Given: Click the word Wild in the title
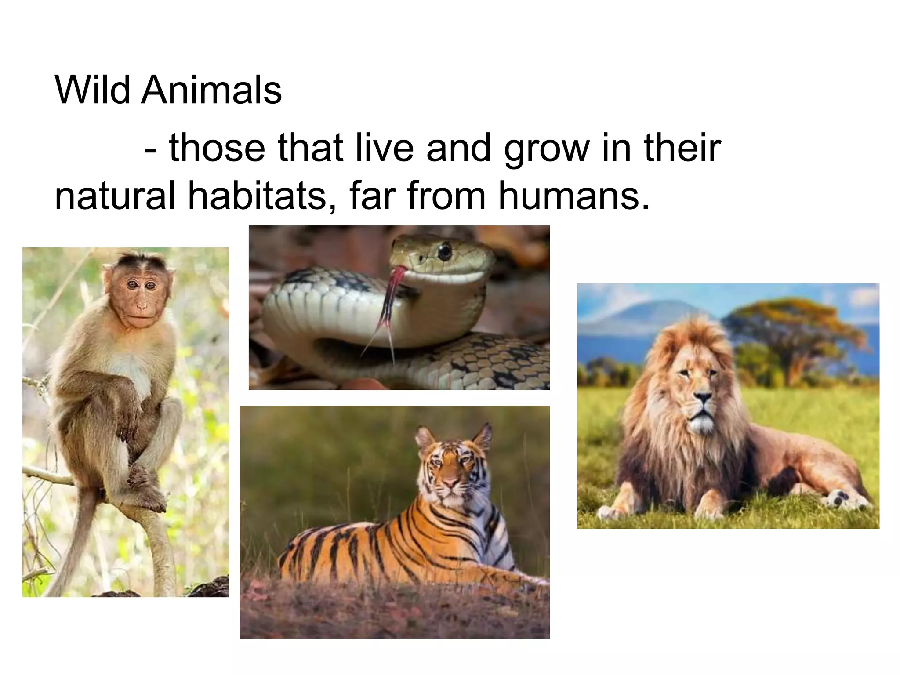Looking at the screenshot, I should (x=92, y=90).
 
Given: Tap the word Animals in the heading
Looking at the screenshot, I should (x=211, y=90).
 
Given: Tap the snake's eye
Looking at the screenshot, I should (x=444, y=251).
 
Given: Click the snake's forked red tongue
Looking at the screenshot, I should (x=396, y=303).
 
